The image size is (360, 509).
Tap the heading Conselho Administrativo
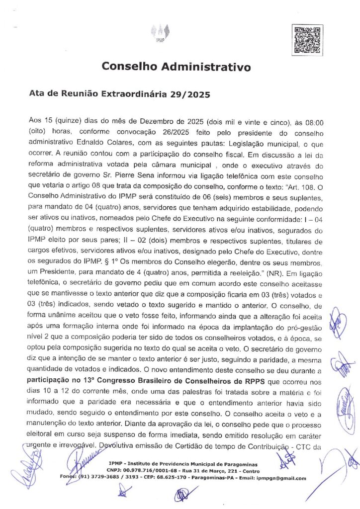coord(177,66)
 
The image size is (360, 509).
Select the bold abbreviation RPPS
coord(270,380)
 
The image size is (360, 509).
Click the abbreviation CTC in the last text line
coord(305,445)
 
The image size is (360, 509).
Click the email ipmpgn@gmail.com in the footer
coord(286,478)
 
